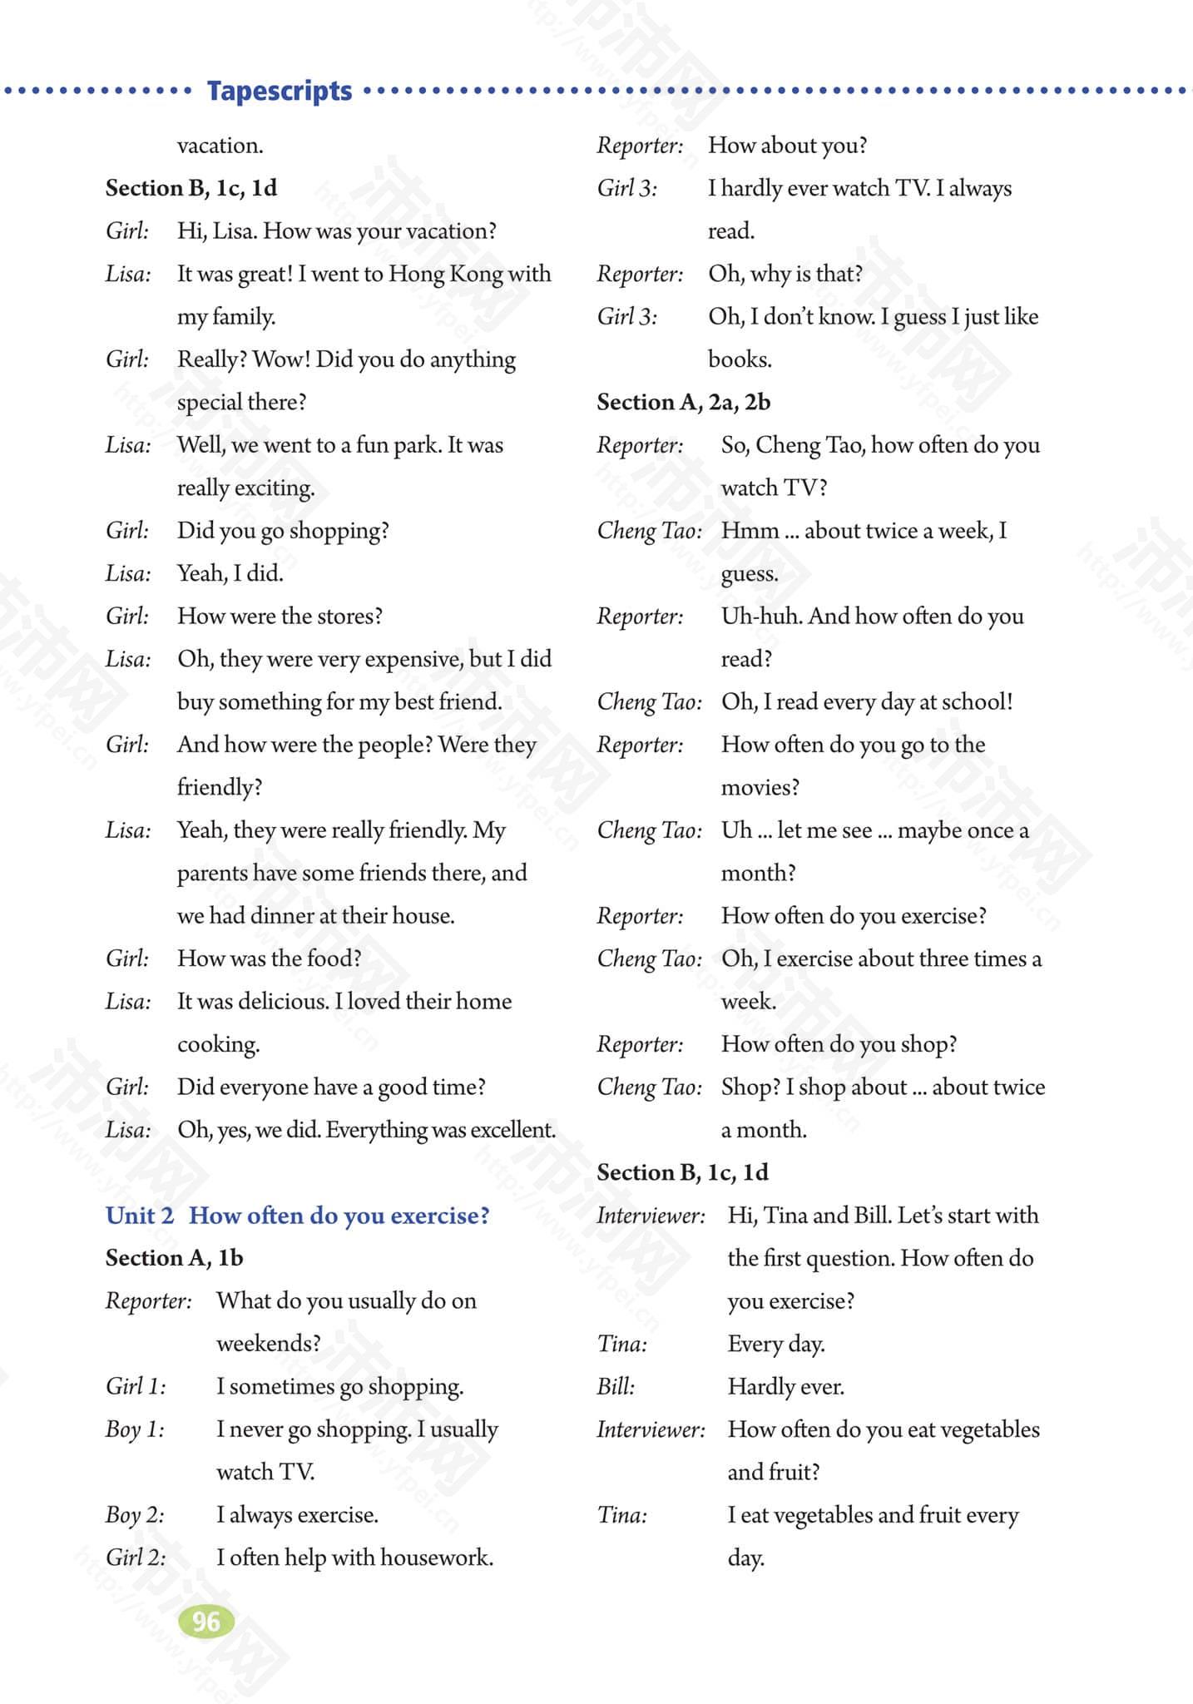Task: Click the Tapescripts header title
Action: [x=280, y=90]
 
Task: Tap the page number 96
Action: [x=205, y=1622]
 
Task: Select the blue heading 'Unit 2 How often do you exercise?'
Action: [x=297, y=1216]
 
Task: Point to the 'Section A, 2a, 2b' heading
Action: [x=683, y=403]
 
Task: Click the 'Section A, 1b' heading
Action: [x=174, y=1258]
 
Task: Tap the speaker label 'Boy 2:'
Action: [x=134, y=1515]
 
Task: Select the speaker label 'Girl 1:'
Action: [x=136, y=1386]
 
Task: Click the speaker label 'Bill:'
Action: [x=616, y=1386]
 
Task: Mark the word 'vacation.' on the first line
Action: [x=220, y=146]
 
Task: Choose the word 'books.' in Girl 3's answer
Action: [x=740, y=359]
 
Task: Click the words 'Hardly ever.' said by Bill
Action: [x=785, y=1386]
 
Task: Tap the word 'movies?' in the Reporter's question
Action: [x=760, y=787]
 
